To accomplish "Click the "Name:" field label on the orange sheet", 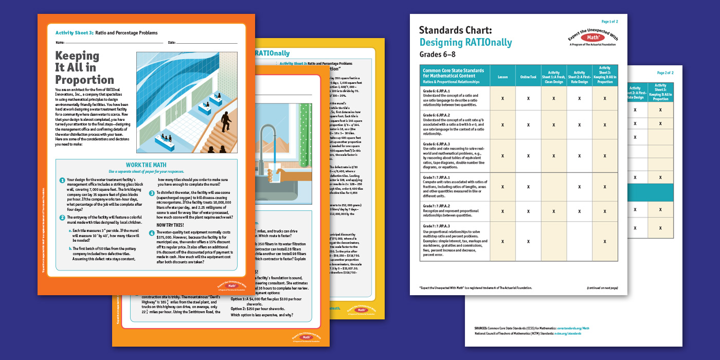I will point(60,42).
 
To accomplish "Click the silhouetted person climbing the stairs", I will point(225,122).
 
